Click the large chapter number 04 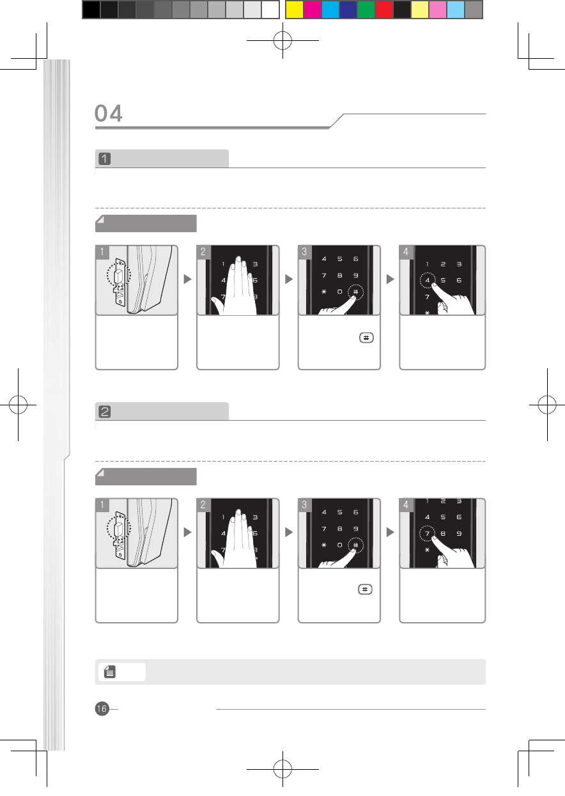109,113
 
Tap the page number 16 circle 102,708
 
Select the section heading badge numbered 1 104,159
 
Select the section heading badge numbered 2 104,412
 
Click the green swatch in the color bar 366,10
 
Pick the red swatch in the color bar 384,10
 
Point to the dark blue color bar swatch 348,10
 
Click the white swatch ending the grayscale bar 270,10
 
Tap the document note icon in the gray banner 110,671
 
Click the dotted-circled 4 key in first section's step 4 428,281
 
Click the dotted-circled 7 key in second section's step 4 428,533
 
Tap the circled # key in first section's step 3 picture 356,292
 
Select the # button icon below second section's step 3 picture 365,589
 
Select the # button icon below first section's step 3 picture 366,338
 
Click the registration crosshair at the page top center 283,40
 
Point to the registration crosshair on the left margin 18,405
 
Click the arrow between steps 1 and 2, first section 188,279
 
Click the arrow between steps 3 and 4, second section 390,533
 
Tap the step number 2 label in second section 203,505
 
